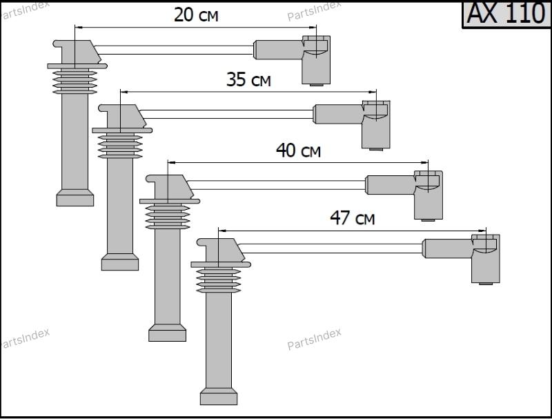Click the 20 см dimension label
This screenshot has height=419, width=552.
[196, 15]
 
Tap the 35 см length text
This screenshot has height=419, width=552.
[248, 79]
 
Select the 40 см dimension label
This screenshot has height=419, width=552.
[298, 150]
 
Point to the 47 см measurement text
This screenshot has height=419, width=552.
[353, 218]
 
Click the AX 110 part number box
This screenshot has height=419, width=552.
[506, 14]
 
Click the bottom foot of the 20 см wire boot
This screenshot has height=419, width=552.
[75, 198]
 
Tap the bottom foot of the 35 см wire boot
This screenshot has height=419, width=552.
[119, 262]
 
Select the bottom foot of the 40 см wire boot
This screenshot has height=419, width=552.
[167, 333]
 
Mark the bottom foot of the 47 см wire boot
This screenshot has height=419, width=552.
[219, 396]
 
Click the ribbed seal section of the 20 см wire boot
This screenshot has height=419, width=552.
[75, 81]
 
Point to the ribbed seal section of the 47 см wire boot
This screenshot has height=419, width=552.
[219, 280]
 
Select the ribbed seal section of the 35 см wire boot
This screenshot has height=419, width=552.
[120, 146]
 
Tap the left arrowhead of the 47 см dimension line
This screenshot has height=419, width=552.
[222, 231]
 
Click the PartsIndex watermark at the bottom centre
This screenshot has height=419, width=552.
[314, 339]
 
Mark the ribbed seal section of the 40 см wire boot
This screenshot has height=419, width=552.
[168, 217]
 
